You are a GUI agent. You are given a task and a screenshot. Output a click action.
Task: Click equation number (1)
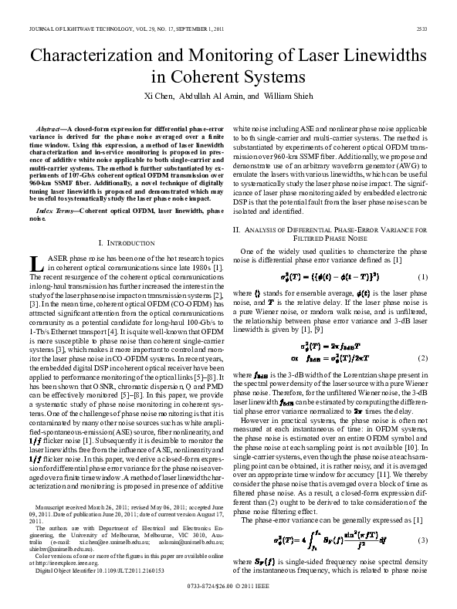(422, 277)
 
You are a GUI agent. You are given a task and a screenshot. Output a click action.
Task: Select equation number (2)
(422, 357)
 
